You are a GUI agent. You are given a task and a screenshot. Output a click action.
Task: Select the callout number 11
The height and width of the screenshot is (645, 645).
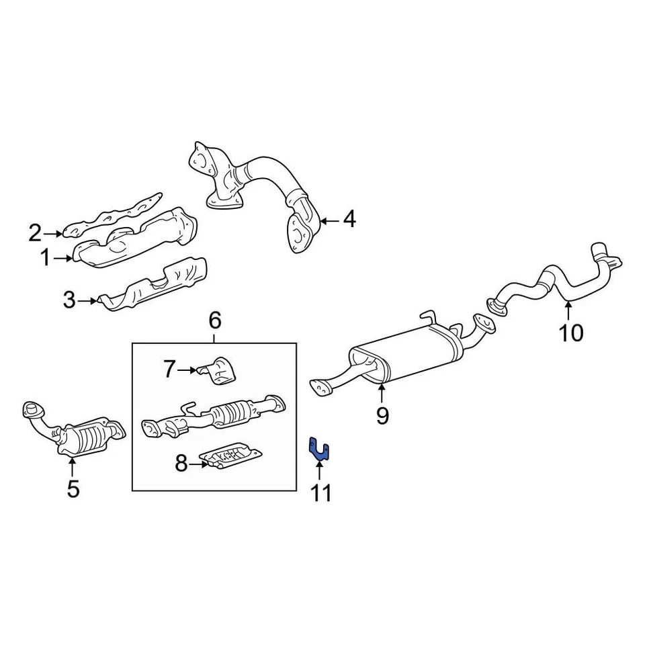[320, 494]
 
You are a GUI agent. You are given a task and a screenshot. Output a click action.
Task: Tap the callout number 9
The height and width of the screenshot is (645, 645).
[382, 417]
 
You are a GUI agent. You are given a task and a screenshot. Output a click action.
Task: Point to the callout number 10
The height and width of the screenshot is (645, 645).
[572, 333]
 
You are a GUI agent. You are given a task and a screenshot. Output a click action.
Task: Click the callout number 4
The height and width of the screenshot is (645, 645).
[349, 219]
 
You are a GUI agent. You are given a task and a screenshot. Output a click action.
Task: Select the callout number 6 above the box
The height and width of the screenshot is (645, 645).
[214, 321]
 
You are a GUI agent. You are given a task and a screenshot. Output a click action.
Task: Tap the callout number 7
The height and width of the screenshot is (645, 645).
[169, 368]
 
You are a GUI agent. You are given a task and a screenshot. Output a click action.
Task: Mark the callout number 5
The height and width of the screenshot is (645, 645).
[73, 489]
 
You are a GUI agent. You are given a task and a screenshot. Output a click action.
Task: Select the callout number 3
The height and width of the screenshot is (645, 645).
[70, 300]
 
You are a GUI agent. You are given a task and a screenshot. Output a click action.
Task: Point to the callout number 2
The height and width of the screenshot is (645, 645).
[35, 233]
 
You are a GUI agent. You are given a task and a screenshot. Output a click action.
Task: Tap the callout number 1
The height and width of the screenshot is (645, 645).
[45, 257]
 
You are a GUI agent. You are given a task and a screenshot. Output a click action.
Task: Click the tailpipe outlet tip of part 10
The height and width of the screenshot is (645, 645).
[599, 251]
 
